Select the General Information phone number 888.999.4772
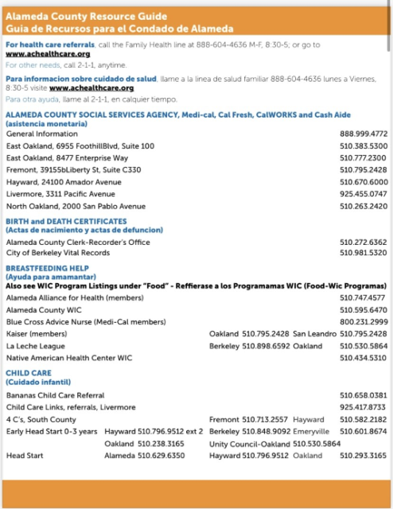point(364,134)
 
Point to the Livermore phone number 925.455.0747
point(364,193)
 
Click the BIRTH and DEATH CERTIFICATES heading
point(66,221)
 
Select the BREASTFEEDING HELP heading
point(47,268)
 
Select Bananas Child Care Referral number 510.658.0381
point(364,395)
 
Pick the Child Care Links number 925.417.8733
point(364,407)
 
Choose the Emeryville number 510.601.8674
point(364,431)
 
